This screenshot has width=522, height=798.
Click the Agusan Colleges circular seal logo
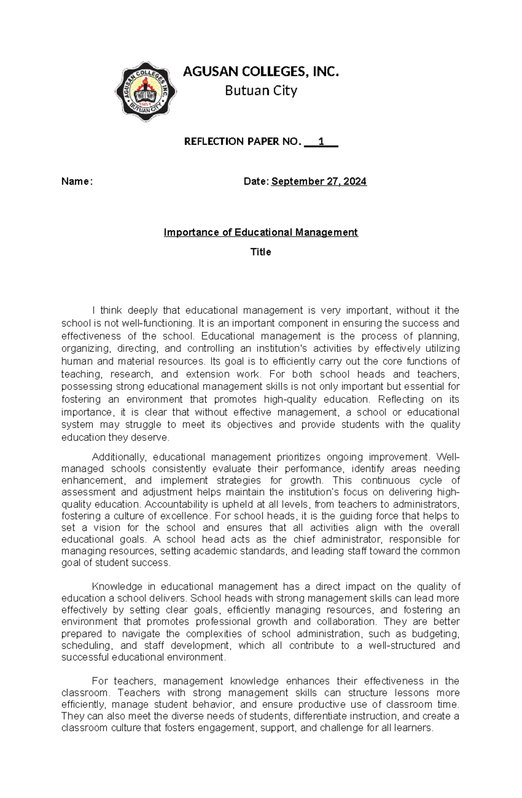(145, 91)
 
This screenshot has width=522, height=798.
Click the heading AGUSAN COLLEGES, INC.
(261, 72)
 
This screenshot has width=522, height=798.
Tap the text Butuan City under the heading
(261, 91)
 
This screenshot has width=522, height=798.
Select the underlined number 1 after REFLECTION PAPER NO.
(321, 141)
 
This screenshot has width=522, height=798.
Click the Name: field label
(77, 181)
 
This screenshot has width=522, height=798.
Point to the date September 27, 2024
(319, 181)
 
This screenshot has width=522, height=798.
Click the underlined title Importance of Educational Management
(261, 232)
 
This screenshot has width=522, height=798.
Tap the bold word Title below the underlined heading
(261, 252)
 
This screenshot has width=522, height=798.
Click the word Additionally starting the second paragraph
(120, 457)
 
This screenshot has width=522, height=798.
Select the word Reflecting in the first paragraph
(401, 399)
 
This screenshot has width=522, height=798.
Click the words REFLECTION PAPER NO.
(242, 141)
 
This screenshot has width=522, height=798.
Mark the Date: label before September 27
(257, 181)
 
